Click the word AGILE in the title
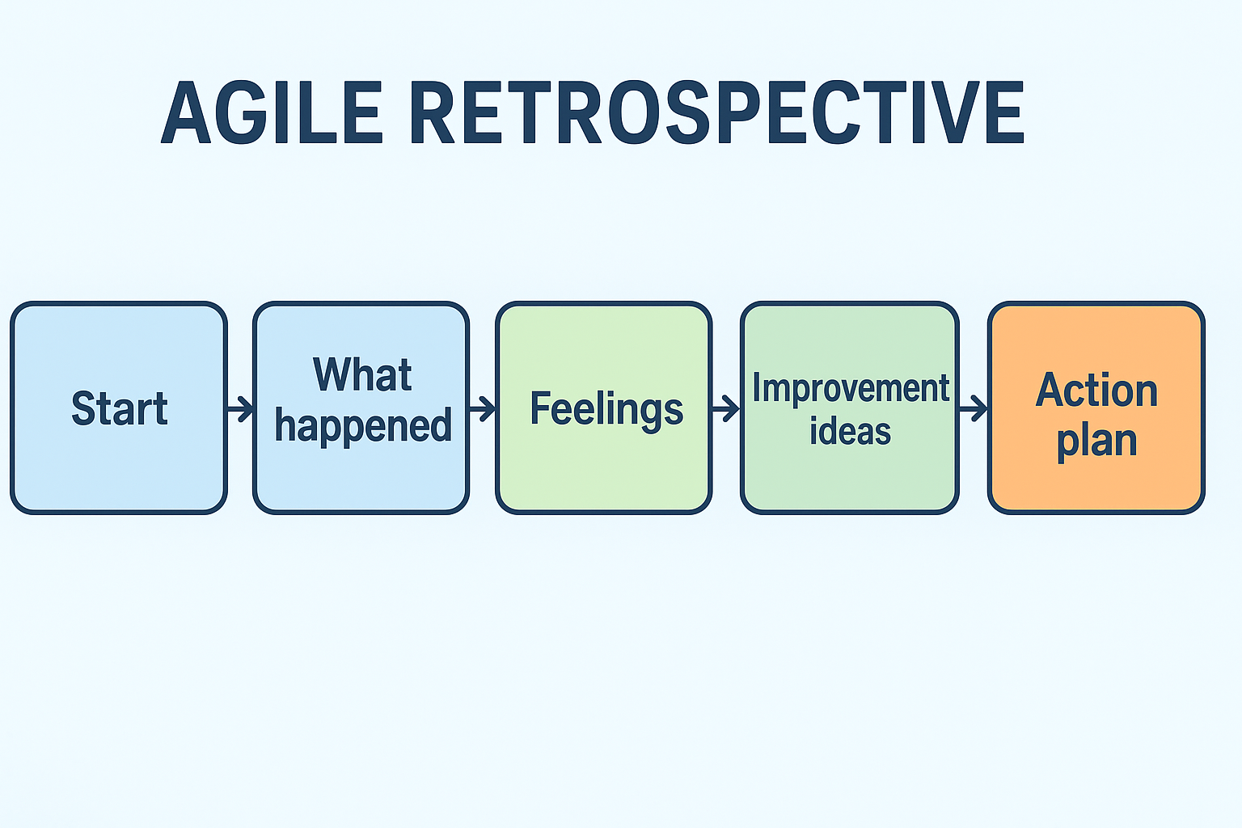coord(272,113)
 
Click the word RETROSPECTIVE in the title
coord(716,113)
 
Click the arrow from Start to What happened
coord(240,408)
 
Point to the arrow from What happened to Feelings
coord(482,408)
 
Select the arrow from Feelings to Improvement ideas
coord(726,408)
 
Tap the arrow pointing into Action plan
coord(974,408)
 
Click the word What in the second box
coord(362,375)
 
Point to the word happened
coord(362,426)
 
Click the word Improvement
coord(851,389)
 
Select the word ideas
coord(850,431)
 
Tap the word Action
coord(1096,391)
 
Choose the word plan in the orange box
coord(1096,441)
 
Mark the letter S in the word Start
coord(82,408)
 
